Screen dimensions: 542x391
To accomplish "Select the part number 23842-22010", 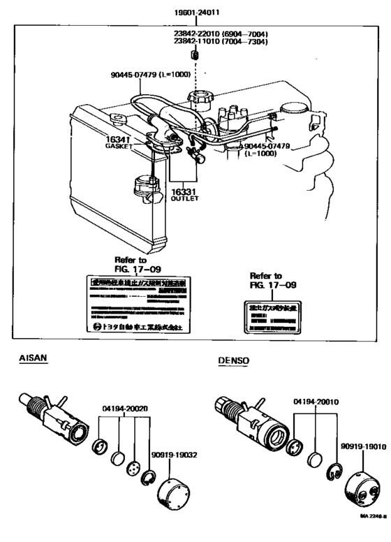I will (197, 32).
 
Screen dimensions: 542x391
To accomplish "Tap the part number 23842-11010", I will (197, 41).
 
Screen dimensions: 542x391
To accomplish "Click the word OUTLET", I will (184, 198).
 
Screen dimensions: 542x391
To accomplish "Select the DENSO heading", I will (233, 361).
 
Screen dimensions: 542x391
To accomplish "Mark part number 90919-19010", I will (364, 445).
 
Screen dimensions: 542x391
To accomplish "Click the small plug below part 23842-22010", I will (195, 55).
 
